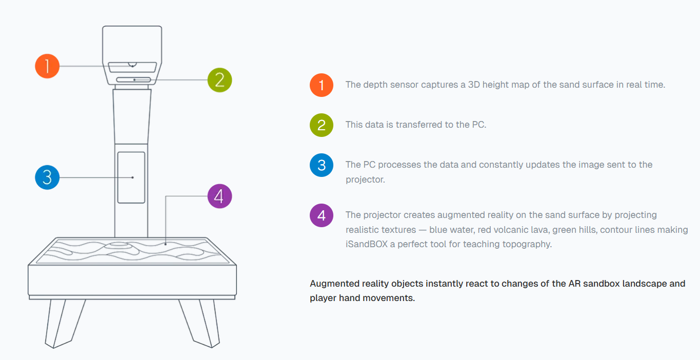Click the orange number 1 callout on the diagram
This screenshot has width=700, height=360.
click(47, 66)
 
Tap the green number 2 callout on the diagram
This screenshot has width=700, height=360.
click(219, 80)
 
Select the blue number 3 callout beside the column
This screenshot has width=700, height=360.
click(47, 177)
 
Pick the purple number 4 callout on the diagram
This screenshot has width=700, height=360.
click(219, 196)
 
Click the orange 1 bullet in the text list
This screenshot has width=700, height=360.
click(321, 85)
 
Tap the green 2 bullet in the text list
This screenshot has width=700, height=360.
click(321, 125)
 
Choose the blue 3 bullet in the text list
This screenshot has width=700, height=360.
click(321, 165)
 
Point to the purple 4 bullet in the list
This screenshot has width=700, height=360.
click(321, 215)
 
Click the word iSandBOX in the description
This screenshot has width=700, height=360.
click(367, 244)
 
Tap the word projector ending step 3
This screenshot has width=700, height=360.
click(365, 180)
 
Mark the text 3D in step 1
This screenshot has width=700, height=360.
click(474, 85)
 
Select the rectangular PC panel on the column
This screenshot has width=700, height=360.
click(131, 177)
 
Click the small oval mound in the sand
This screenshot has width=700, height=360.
click(118, 245)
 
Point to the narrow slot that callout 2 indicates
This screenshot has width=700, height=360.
click(133, 80)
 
